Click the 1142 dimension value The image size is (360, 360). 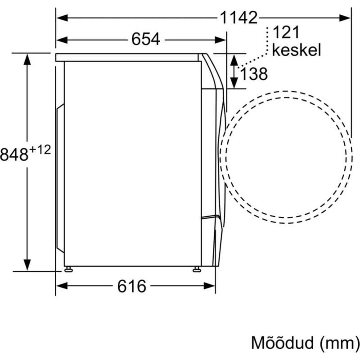[x=239, y=18]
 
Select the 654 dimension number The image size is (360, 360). [x=145, y=39]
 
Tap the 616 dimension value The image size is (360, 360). [x=132, y=286]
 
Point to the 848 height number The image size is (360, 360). [x=14, y=154]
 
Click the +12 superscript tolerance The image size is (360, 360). [x=40, y=150]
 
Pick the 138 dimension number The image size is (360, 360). [x=254, y=74]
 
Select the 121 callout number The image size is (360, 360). [x=286, y=32]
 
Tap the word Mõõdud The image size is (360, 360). [x=283, y=343]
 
